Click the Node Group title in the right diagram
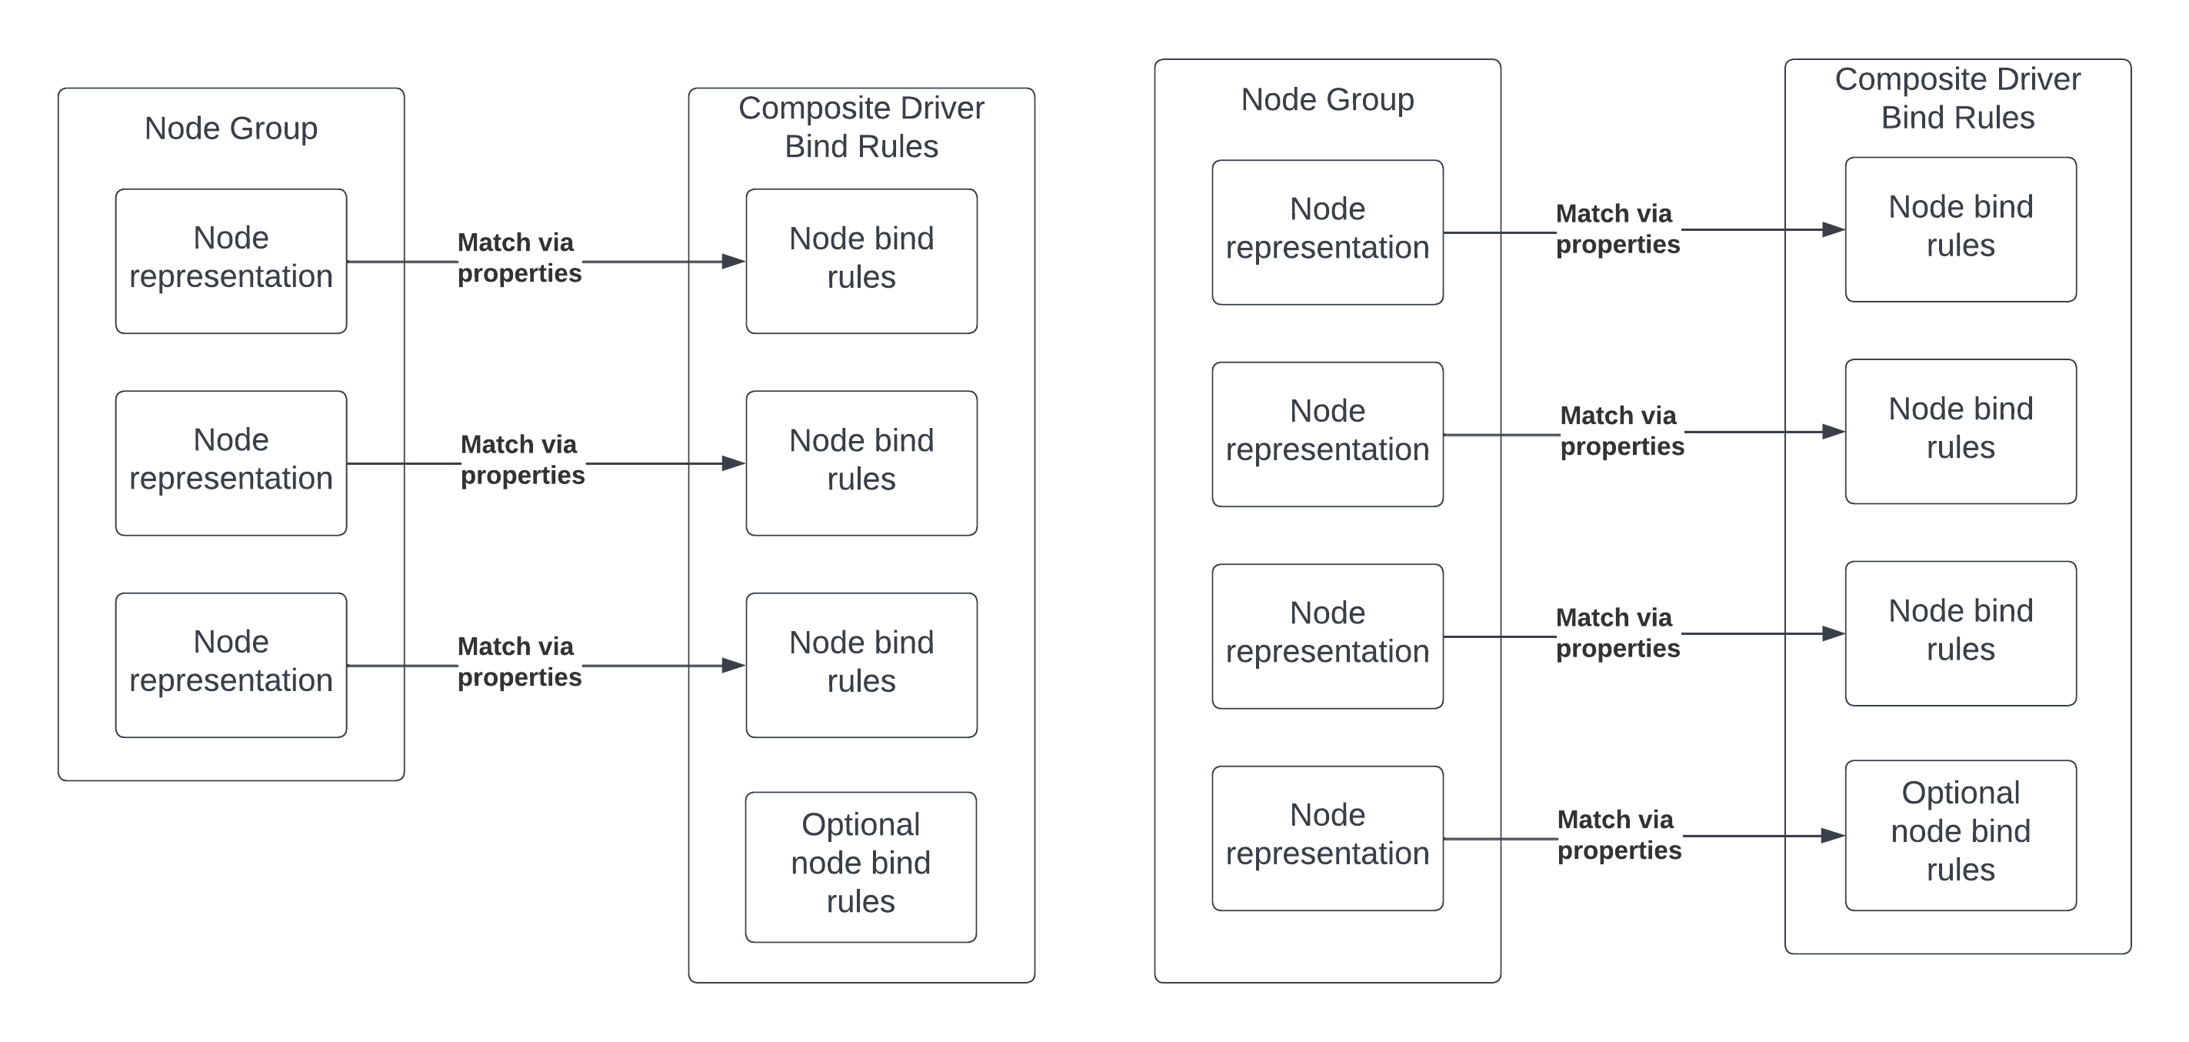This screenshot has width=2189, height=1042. (x=1327, y=99)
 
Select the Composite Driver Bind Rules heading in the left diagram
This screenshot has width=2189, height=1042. (x=861, y=127)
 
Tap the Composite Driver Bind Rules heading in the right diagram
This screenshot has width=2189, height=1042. (x=1957, y=98)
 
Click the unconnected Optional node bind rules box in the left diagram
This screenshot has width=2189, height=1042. (x=861, y=866)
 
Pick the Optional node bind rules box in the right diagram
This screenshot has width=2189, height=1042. (x=1960, y=835)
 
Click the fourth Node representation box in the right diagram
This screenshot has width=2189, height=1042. (x=1327, y=838)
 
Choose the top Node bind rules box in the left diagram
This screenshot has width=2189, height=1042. (x=861, y=261)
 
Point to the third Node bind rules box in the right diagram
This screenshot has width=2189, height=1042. (x=1960, y=633)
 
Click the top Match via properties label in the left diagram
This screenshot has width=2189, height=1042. (x=518, y=258)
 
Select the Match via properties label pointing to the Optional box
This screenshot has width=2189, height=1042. (x=1618, y=835)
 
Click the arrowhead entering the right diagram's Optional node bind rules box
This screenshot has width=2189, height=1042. (x=1833, y=836)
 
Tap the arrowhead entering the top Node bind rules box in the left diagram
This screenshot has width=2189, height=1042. (x=733, y=261)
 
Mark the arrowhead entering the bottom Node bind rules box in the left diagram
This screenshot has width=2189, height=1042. (x=733, y=665)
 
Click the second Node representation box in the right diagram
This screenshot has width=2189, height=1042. (x=1327, y=433)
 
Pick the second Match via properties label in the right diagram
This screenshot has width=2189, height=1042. (x=1621, y=431)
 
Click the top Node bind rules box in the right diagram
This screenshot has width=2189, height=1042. (x=1960, y=229)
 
